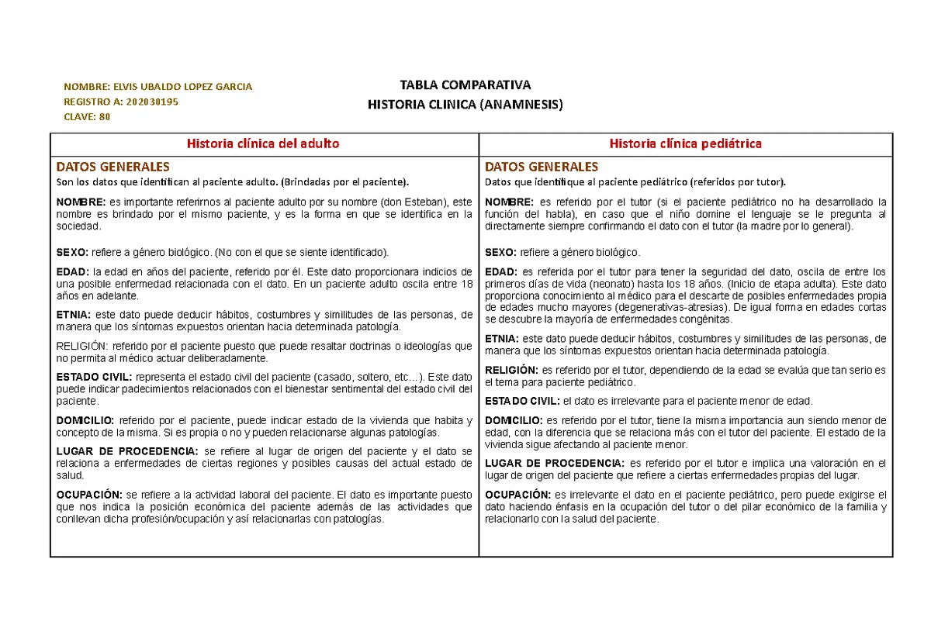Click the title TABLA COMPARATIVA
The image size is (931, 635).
pos(465,85)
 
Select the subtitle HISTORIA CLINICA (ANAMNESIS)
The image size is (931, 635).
pos(465,104)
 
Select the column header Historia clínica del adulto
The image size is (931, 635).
pos(264,143)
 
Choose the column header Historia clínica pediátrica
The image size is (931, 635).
pos(685,143)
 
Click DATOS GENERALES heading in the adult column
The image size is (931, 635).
pos(112,167)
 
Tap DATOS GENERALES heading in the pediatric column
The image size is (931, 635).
pos(541,167)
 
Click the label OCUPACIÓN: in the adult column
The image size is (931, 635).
pos(89,495)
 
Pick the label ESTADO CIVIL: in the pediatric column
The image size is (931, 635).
pos(521,401)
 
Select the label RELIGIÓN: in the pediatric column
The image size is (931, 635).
pos(511,371)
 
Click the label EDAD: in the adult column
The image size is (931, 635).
pos(73,272)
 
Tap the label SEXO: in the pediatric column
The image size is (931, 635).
pos(501,253)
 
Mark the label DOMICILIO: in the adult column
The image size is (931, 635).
pos(85,421)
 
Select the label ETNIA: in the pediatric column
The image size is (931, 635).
pos(503,339)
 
